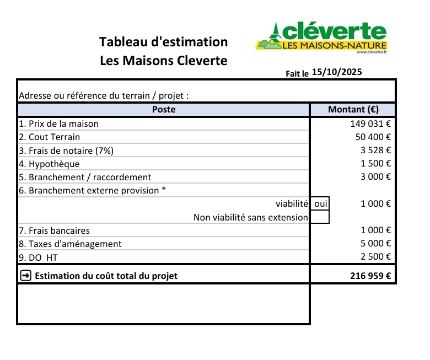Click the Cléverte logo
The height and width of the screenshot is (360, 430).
coord(322,36)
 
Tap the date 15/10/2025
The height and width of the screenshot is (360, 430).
coord(337,72)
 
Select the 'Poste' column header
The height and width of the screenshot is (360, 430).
coord(164,109)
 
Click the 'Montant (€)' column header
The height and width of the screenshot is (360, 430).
coord(353,109)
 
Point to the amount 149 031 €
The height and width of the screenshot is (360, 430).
coord(370,123)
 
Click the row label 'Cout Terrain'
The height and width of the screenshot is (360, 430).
coord(50,137)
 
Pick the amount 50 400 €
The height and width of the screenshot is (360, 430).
coord(373,137)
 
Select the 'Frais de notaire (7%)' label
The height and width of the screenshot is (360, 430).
coord(67,150)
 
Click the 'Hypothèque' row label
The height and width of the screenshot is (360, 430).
coord(49,164)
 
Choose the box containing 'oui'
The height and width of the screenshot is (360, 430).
coord(320,203)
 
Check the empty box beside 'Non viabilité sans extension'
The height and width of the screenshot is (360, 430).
coord(320,217)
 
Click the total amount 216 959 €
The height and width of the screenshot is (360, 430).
coord(370,275)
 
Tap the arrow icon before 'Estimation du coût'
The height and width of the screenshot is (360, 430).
coord(25,275)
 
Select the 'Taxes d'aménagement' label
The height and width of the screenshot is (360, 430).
coord(70,244)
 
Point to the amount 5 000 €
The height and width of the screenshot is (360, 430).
coord(375,244)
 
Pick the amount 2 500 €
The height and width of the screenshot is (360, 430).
coord(375,257)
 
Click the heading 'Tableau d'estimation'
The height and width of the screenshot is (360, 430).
coord(163,42)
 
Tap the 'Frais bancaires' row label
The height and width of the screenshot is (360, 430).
coord(54,230)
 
